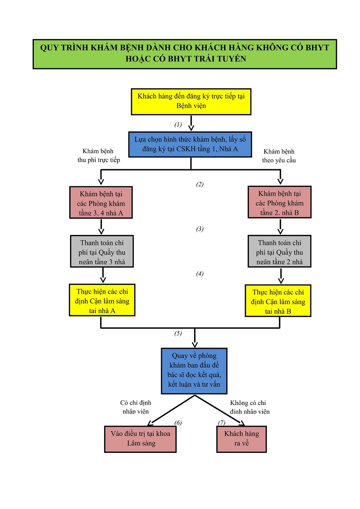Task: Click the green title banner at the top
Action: pos(185,54)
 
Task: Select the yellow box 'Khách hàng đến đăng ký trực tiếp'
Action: pos(191,101)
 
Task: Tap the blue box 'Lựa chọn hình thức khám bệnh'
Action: pos(190,144)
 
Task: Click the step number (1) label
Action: pos(178,125)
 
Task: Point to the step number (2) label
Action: pos(200,184)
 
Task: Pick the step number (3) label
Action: pos(200,229)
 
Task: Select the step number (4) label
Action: pos(200,274)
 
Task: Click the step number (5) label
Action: pos(178,334)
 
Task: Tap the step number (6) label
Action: pos(178,422)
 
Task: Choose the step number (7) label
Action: pos(222,422)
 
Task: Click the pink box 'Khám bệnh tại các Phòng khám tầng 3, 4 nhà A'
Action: pos(101,202)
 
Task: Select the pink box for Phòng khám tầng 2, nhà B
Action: pos(279,202)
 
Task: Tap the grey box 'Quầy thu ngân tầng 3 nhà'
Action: pos(102,251)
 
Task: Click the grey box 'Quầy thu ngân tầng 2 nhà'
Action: pos(279,251)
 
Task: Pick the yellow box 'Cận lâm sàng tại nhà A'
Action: pos(102,300)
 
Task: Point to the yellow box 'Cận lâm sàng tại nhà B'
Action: pos(279,301)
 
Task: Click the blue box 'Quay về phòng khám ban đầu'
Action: pos(194,370)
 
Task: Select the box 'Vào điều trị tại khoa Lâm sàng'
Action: pos(141,439)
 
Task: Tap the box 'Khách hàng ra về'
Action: pos(242,439)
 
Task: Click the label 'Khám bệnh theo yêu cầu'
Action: pos(279,156)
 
